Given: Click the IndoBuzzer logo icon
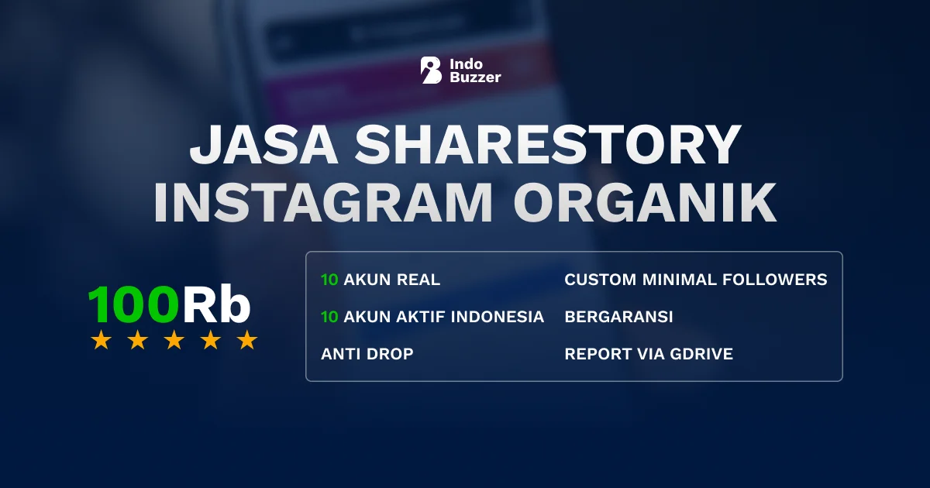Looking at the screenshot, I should (x=431, y=70).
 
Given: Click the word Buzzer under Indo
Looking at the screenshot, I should (x=475, y=77).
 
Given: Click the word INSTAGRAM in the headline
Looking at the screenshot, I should (x=323, y=202).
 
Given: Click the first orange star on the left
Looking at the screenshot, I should (x=101, y=340).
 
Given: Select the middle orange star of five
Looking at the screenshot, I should (x=174, y=340).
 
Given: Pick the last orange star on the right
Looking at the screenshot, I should (x=247, y=340).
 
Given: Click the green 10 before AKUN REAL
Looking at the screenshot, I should (x=329, y=280).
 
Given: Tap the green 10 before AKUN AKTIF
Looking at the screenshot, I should (x=329, y=317).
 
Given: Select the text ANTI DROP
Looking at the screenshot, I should (x=367, y=354).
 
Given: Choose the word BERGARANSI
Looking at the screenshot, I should (x=618, y=317).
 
